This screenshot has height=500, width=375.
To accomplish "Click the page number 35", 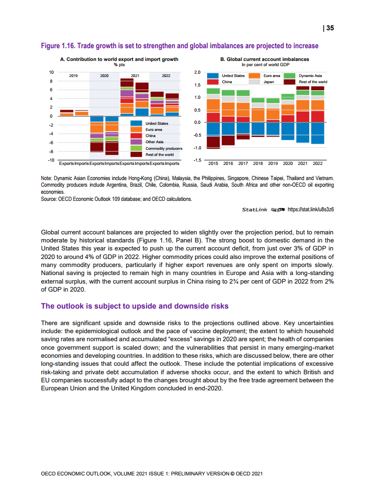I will point(330,28).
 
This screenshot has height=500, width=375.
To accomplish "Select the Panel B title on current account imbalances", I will point(265,60).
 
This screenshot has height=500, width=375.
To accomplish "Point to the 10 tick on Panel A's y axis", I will point(52,72).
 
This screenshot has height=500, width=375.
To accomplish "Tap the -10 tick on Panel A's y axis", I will point(51,161).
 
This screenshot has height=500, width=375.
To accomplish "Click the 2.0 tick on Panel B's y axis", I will point(197,72).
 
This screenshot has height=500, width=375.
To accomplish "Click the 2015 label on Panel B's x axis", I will point(214,164).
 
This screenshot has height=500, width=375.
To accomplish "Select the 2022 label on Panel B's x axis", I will point(317,164).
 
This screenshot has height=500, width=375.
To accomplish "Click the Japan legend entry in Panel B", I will point(269,82).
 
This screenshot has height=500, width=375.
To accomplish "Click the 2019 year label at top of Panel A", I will point(74,76).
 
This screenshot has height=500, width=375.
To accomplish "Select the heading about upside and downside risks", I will point(134,306).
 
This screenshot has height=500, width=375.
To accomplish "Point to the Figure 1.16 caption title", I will point(180,46).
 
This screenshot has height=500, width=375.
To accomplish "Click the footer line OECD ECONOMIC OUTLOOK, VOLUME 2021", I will point(152,473).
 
